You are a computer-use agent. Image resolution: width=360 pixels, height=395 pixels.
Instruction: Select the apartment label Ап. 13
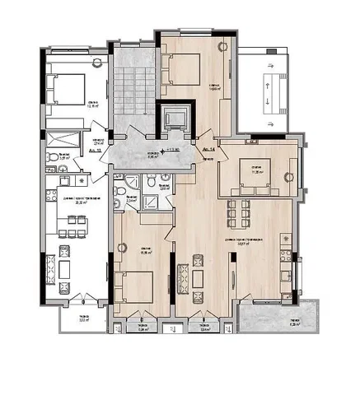click(x=93, y=151)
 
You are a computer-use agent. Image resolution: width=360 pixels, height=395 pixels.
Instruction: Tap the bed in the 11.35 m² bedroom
click(x=257, y=170)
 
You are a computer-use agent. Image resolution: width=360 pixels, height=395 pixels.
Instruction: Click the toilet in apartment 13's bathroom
click(x=51, y=157)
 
